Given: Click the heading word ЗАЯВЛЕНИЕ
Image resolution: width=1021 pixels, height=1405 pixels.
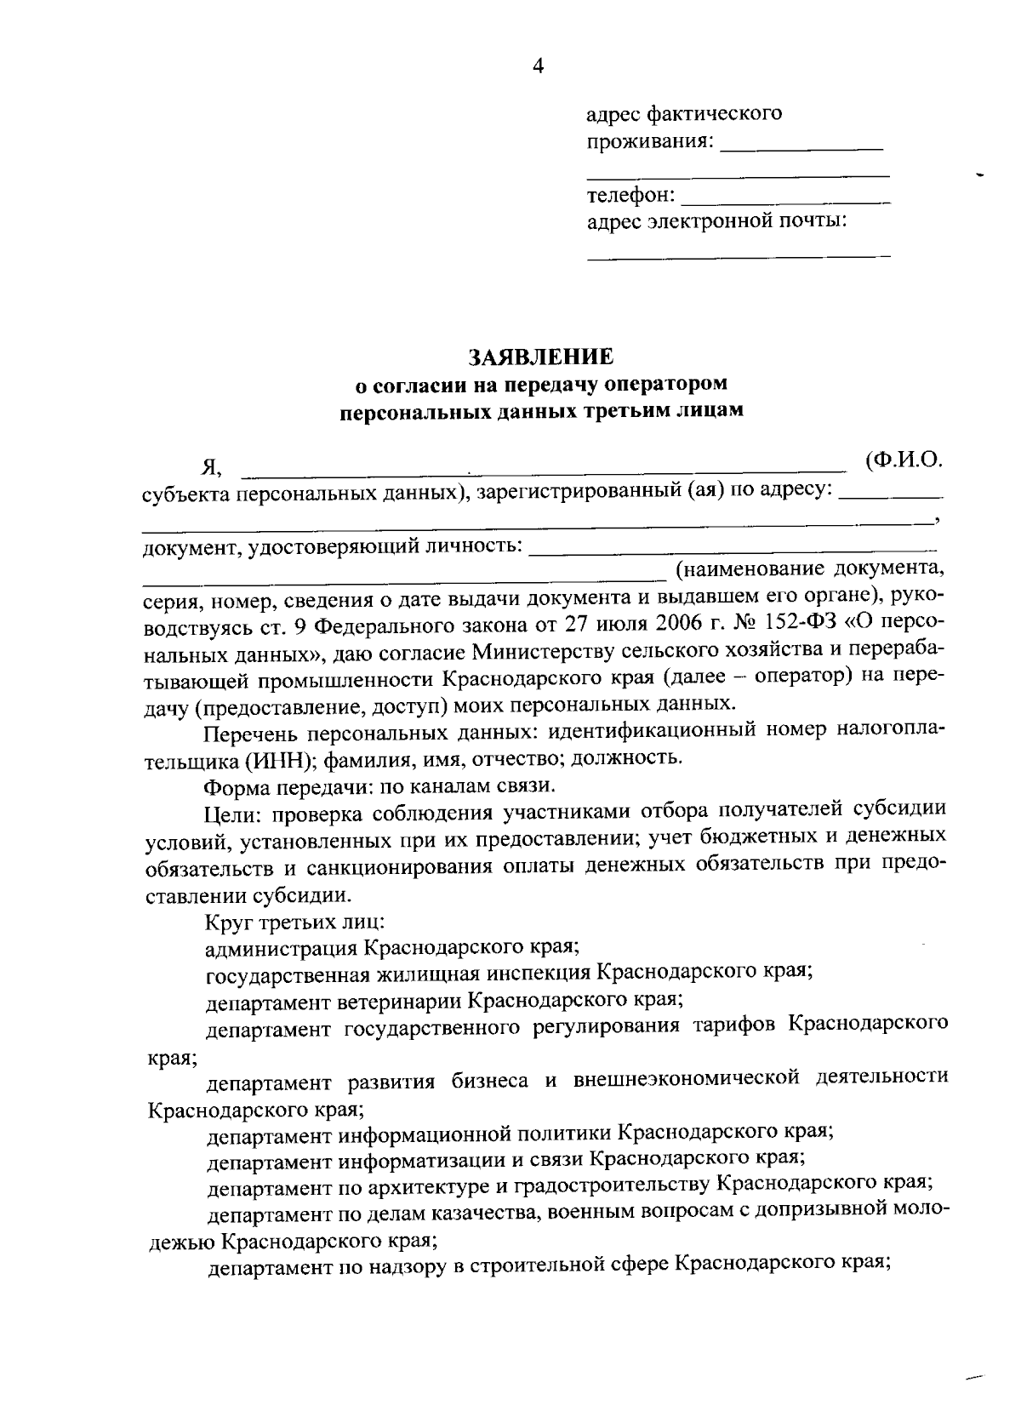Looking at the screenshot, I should tap(541, 357).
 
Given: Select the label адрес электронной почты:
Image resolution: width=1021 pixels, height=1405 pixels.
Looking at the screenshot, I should tap(716, 222).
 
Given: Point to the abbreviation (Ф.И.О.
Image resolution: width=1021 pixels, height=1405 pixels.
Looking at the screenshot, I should tap(904, 460).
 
